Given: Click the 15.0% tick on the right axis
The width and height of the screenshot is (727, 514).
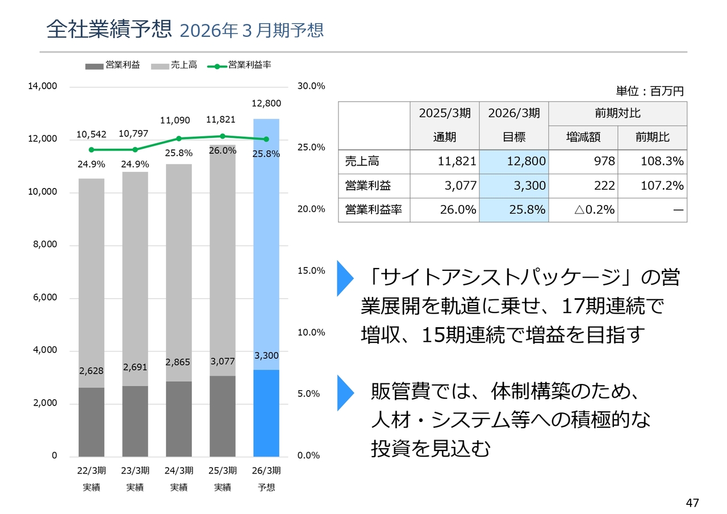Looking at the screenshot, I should (311, 271).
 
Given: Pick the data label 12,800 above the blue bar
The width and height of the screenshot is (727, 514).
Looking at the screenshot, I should (266, 103).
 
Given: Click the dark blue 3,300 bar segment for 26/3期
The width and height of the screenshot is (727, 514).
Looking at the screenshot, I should (266, 413).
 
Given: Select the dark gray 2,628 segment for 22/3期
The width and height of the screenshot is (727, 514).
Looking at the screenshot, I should (91, 422).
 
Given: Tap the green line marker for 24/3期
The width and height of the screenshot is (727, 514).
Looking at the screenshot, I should (179, 139).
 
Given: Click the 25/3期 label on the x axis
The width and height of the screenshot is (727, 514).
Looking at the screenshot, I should (223, 471).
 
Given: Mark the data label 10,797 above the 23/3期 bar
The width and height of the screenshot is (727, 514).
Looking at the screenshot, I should (133, 134).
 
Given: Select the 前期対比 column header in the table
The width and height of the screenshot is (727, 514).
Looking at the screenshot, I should (617, 114).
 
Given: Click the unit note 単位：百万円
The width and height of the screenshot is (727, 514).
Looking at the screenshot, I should (650, 91).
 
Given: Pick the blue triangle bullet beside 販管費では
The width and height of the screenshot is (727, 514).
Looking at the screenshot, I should (344, 392).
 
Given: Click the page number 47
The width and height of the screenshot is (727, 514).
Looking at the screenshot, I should (692, 503).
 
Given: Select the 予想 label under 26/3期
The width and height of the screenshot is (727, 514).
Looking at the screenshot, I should (266, 487).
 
